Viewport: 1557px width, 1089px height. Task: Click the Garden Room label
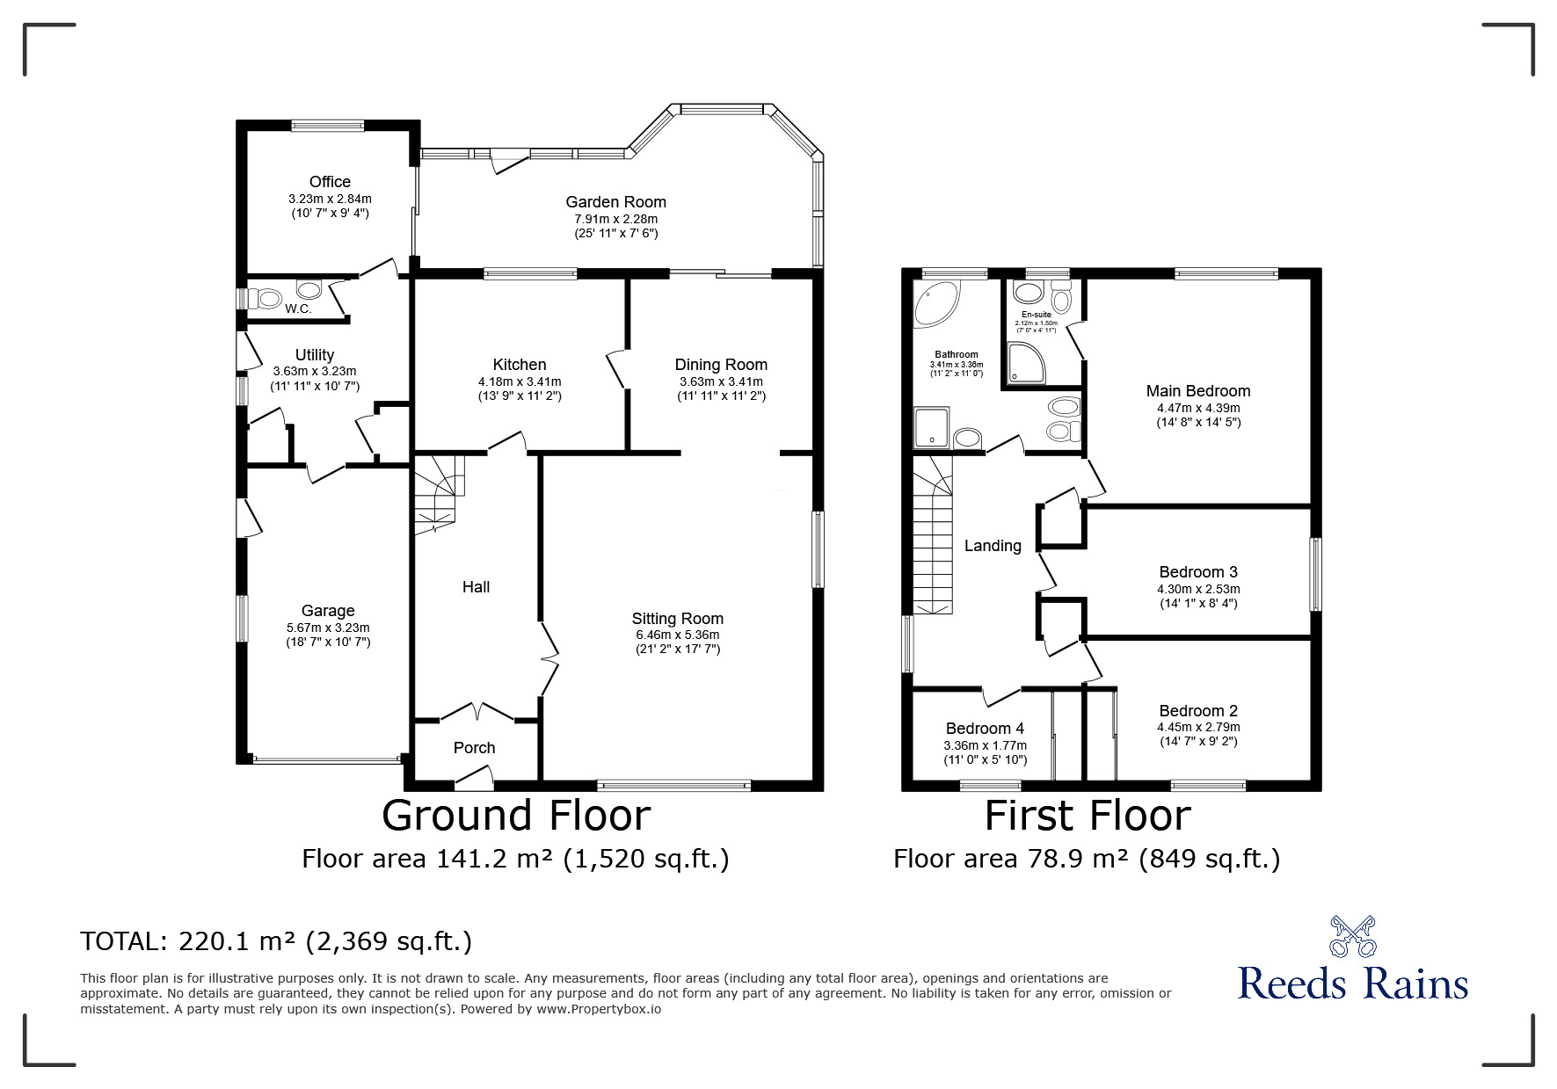(615, 202)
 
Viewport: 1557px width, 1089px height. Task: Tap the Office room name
(330, 182)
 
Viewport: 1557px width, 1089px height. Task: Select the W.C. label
(298, 309)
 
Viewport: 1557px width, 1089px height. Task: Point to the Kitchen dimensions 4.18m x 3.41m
(520, 381)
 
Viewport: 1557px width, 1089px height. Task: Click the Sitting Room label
(678, 618)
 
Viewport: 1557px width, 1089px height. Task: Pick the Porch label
(475, 748)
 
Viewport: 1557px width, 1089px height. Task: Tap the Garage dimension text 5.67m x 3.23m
(328, 628)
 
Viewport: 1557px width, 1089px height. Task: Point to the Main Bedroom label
(1198, 391)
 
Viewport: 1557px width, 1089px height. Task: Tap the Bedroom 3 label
(1198, 572)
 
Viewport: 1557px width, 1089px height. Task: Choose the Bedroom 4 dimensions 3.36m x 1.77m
(986, 745)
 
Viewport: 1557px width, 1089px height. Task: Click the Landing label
(993, 546)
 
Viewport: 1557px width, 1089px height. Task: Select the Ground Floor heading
(516, 815)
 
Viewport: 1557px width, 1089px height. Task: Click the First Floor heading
(1088, 815)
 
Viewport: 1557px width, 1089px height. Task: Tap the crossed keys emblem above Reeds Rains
(1352, 935)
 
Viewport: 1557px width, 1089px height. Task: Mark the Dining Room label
(721, 365)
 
